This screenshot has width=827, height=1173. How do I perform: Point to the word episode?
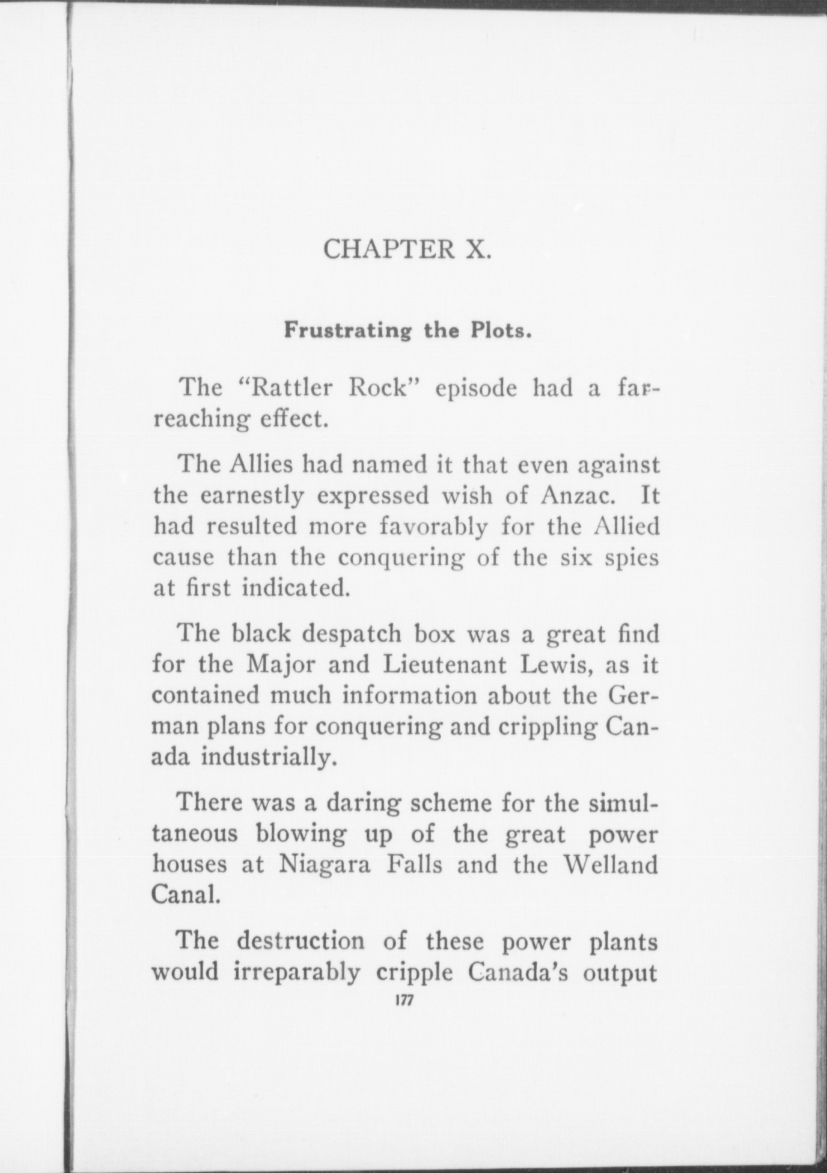[x=475, y=389]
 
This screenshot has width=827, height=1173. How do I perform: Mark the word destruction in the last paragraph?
[x=300, y=941]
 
